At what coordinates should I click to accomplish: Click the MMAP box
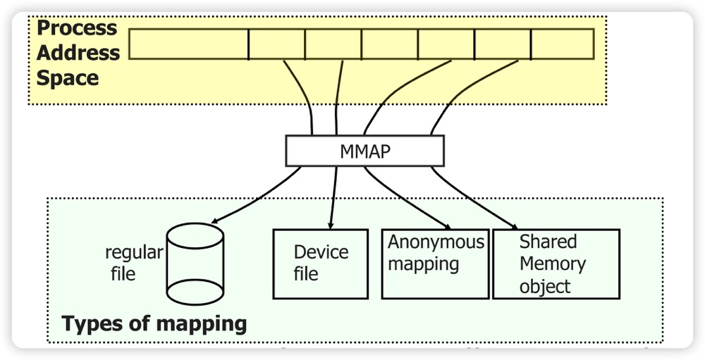point(364,151)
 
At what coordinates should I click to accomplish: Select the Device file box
point(320,263)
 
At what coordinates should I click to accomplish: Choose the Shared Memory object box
point(556,263)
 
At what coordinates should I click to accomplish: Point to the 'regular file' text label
point(133,263)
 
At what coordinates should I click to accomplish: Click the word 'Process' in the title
point(77,28)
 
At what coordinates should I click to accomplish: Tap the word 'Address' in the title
point(78,53)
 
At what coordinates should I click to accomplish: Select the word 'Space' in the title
point(68,77)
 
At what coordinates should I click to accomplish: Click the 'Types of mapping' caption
point(154,324)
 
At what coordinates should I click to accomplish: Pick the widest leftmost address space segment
point(189,44)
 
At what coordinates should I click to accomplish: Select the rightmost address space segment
point(561,44)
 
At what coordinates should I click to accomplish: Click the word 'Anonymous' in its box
point(436,242)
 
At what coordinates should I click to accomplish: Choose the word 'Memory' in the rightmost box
point(552,264)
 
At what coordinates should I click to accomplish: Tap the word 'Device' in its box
point(321,252)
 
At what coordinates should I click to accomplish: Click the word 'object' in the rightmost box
point(544,287)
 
